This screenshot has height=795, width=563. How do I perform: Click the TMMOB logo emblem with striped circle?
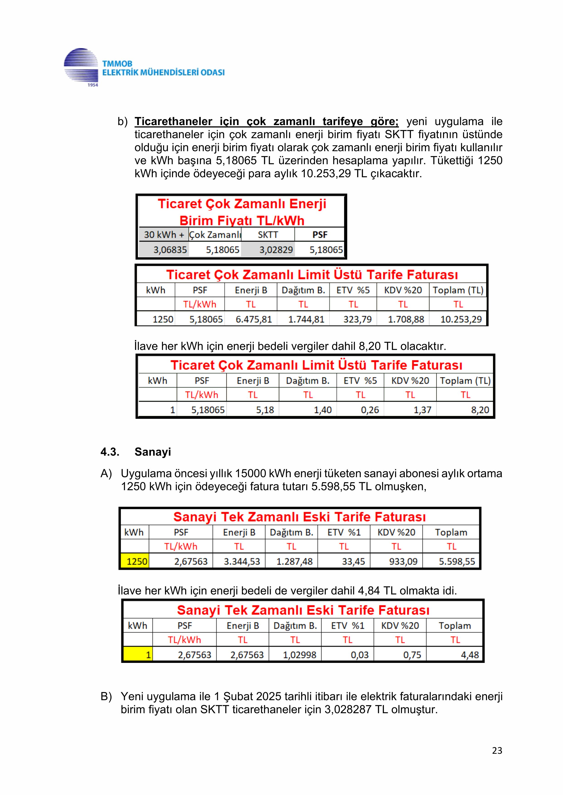pyautogui.click(x=81, y=67)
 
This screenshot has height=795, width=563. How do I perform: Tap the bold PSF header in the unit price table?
pyautogui.click(x=320, y=235)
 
